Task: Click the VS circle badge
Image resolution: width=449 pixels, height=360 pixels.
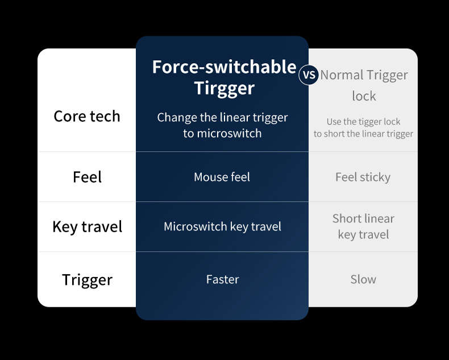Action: (x=309, y=75)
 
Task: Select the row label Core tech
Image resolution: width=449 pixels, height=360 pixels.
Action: (x=87, y=117)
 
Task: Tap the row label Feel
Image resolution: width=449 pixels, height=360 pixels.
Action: (x=87, y=177)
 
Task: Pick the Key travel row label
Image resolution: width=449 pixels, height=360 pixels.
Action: (x=88, y=227)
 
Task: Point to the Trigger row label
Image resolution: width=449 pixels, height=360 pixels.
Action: (x=88, y=280)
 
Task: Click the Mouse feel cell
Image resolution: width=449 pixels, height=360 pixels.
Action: (x=222, y=177)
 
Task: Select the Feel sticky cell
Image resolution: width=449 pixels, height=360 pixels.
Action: (x=363, y=177)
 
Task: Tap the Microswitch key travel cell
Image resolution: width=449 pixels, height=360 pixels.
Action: (x=222, y=227)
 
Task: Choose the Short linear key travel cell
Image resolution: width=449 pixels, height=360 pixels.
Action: (x=363, y=226)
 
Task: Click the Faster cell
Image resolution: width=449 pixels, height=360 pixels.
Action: (x=222, y=279)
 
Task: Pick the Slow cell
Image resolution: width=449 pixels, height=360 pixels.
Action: (x=363, y=279)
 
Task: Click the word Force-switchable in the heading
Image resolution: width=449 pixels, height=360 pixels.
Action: (x=224, y=67)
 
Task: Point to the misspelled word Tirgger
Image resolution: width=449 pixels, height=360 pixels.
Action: (x=224, y=88)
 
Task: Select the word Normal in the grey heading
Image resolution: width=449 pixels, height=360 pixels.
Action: (x=342, y=75)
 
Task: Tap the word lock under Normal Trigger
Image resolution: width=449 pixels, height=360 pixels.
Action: (x=364, y=96)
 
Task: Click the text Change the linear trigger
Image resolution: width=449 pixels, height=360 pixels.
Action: (x=222, y=118)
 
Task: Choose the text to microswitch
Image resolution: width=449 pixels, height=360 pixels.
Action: (x=222, y=134)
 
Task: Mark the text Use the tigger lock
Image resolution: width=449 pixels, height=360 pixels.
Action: (x=363, y=122)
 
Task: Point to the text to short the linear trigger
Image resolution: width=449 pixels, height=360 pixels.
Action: (x=363, y=134)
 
